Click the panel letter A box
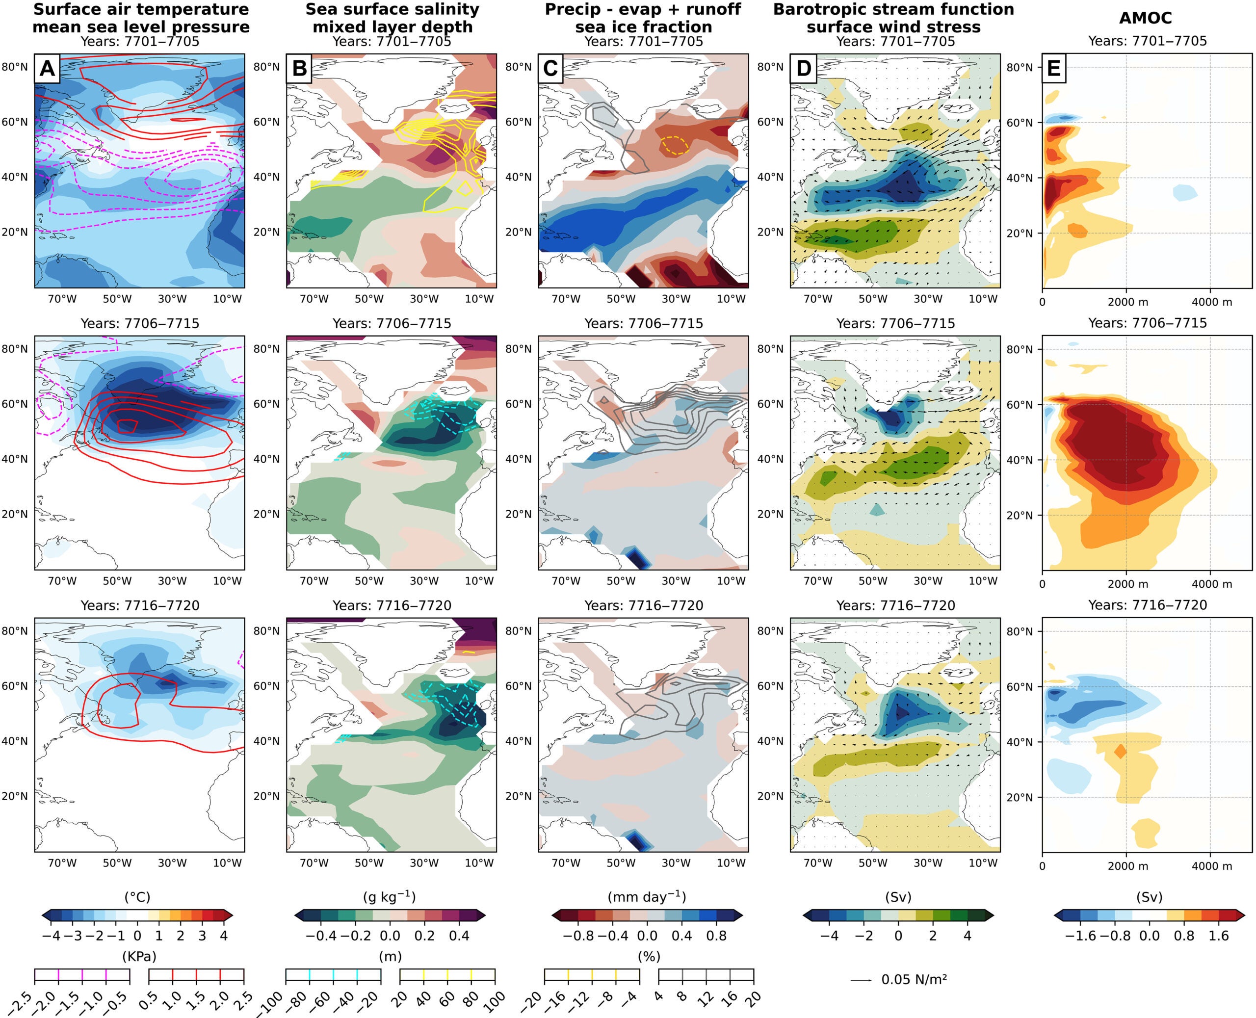[47, 69]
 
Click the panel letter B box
[299, 69]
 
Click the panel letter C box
[550, 69]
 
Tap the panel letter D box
[803, 69]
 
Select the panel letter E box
[1054, 69]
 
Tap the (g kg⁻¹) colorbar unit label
[390, 897]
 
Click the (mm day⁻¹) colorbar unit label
[647, 897]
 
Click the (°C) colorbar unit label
[137, 897]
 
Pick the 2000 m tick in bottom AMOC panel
[1127, 866]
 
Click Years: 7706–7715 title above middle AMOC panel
[1148, 323]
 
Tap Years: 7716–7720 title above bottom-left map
[139, 606]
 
